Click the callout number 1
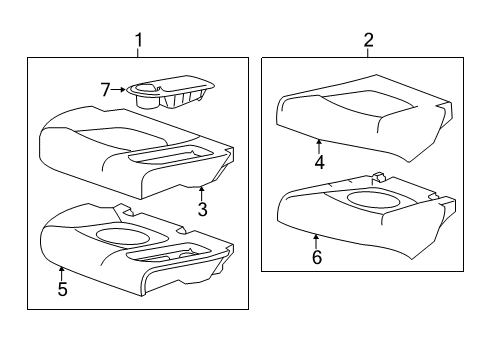tap(139, 40)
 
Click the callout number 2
tap(368, 40)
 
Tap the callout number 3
tap(202, 209)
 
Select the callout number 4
tap(318, 163)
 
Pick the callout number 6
tap(316, 258)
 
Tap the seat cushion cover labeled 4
tap(360, 115)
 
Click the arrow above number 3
tap(202, 192)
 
